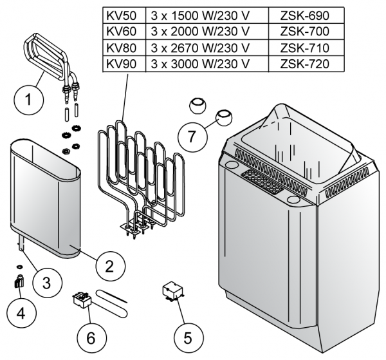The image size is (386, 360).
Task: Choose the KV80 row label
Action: coord(120,48)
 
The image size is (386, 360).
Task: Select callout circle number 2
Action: coord(109,264)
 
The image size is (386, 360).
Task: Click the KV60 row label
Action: coord(120,32)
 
